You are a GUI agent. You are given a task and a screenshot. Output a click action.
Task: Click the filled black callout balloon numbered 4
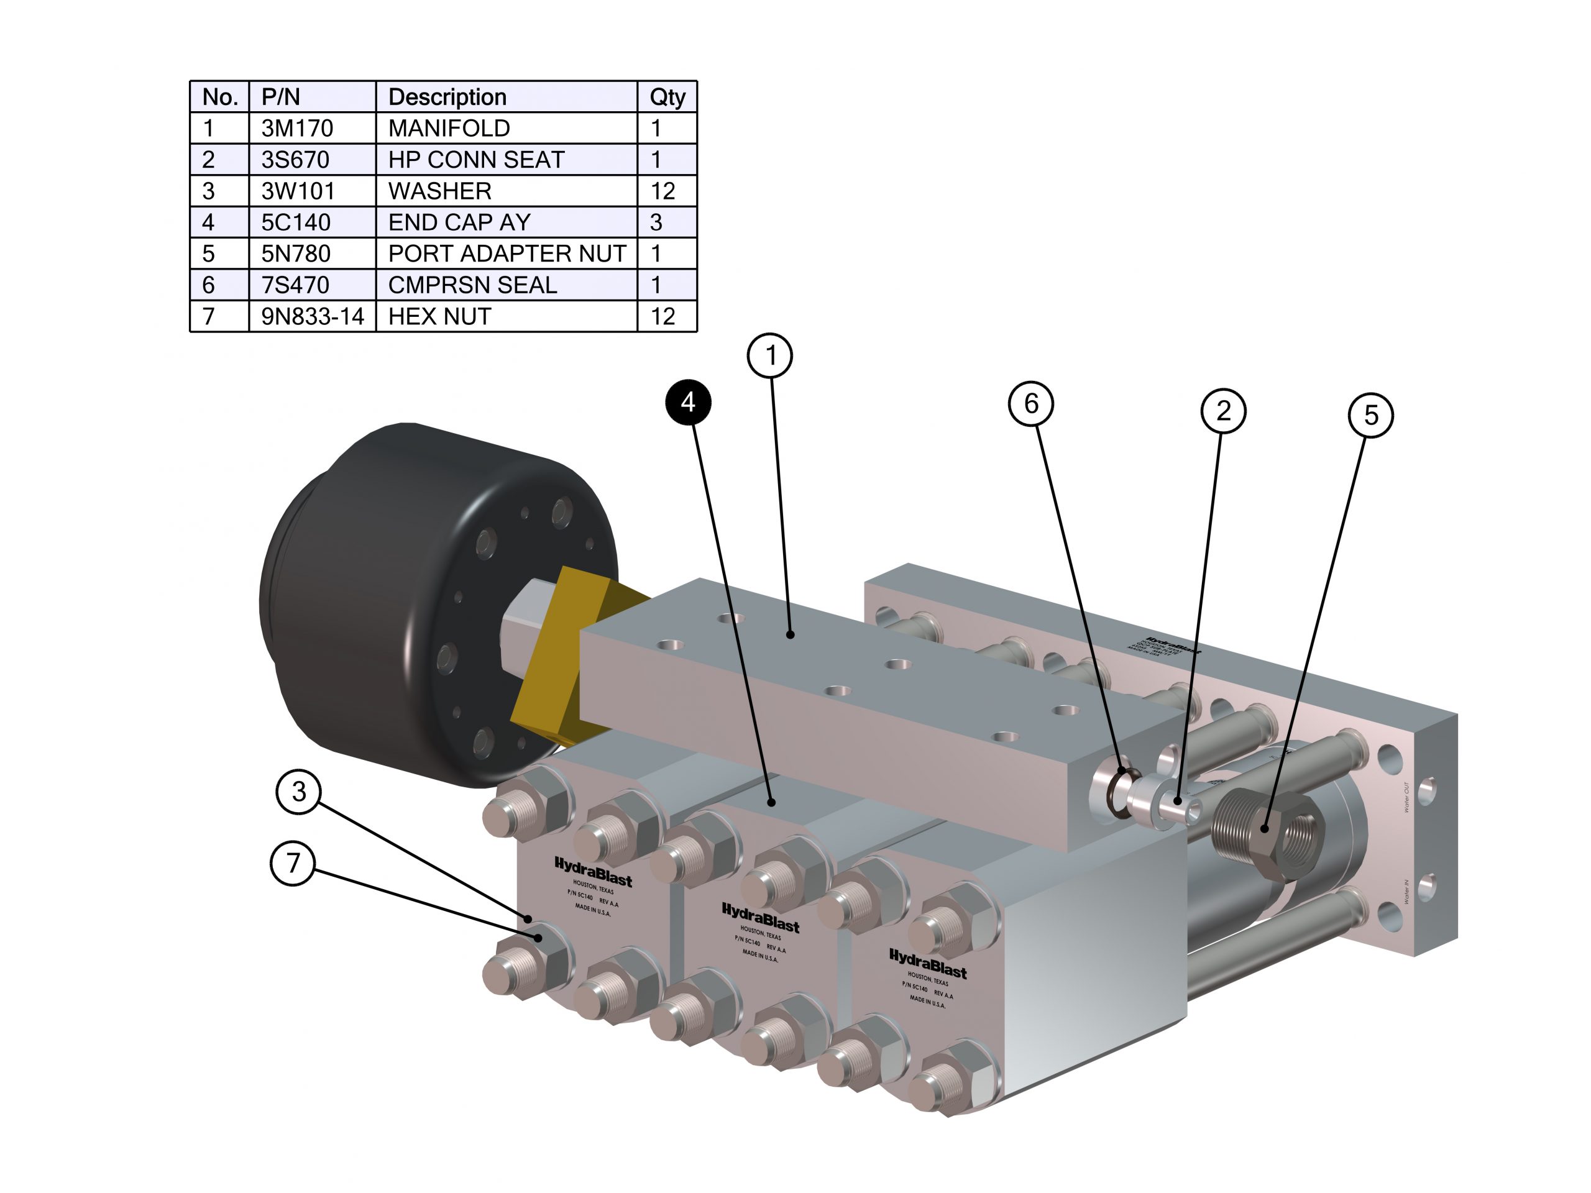[x=687, y=402]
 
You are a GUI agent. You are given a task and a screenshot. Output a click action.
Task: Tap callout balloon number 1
[x=770, y=355]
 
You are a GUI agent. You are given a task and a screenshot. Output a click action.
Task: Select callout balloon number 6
[x=1030, y=403]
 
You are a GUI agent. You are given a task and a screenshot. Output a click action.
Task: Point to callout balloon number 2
[x=1222, y=411]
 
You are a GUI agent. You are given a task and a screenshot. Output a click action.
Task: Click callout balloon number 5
[x=1371, y=415]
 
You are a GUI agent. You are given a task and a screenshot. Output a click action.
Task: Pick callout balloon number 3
[x=298, y=792]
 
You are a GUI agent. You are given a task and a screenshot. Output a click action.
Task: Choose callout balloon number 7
[x=293, y=862]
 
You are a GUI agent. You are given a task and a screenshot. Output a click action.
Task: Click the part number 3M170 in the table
[x=297, y=128]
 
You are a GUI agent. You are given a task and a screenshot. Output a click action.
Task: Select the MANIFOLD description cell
[x=449, y=128]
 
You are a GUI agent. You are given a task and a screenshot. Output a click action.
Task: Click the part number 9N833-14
[x=312, y=316]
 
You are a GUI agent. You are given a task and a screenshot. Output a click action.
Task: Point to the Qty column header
[x=667, y=97]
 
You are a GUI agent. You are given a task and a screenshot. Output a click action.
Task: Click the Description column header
[x=447, y=97]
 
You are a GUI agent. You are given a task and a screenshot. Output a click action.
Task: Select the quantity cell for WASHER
[x=663, y=191]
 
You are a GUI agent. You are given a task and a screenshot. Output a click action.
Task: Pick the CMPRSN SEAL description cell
[x=472, y=285]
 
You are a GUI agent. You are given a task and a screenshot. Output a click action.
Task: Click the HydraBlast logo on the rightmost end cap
[x=928, y=964]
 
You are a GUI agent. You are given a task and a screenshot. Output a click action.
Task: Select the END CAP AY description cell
[x=459, y=222]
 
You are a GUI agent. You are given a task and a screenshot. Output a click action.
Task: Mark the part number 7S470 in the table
[x=295, y=285]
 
